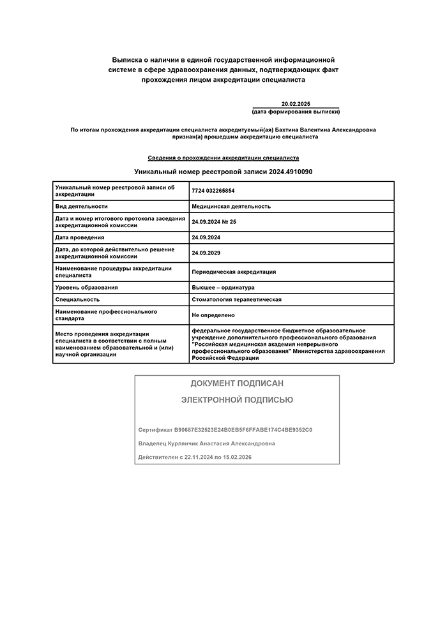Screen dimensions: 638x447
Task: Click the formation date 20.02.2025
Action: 295,104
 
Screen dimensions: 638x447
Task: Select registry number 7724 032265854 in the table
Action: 213,190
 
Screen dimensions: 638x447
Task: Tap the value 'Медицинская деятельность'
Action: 231,206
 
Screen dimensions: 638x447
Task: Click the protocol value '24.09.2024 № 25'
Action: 214,221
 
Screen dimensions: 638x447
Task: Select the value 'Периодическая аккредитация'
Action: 234,271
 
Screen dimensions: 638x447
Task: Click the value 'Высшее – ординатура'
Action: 223,287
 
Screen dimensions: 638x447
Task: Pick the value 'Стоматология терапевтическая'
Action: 236,299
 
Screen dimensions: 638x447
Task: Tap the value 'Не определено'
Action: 213,315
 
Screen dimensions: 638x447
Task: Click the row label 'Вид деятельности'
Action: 82,206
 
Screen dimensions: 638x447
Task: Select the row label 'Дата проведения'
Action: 80,237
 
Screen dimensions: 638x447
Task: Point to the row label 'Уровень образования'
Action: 86,287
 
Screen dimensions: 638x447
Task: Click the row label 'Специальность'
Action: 77,299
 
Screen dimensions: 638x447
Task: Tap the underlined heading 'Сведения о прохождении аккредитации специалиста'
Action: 223,157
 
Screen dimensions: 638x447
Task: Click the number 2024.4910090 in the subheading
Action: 291,172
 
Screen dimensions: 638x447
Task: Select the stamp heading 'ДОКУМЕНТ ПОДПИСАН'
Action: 237,383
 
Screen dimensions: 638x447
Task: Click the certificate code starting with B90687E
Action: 243,430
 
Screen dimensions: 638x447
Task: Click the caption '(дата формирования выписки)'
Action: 296,112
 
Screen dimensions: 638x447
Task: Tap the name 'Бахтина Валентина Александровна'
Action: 326,130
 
